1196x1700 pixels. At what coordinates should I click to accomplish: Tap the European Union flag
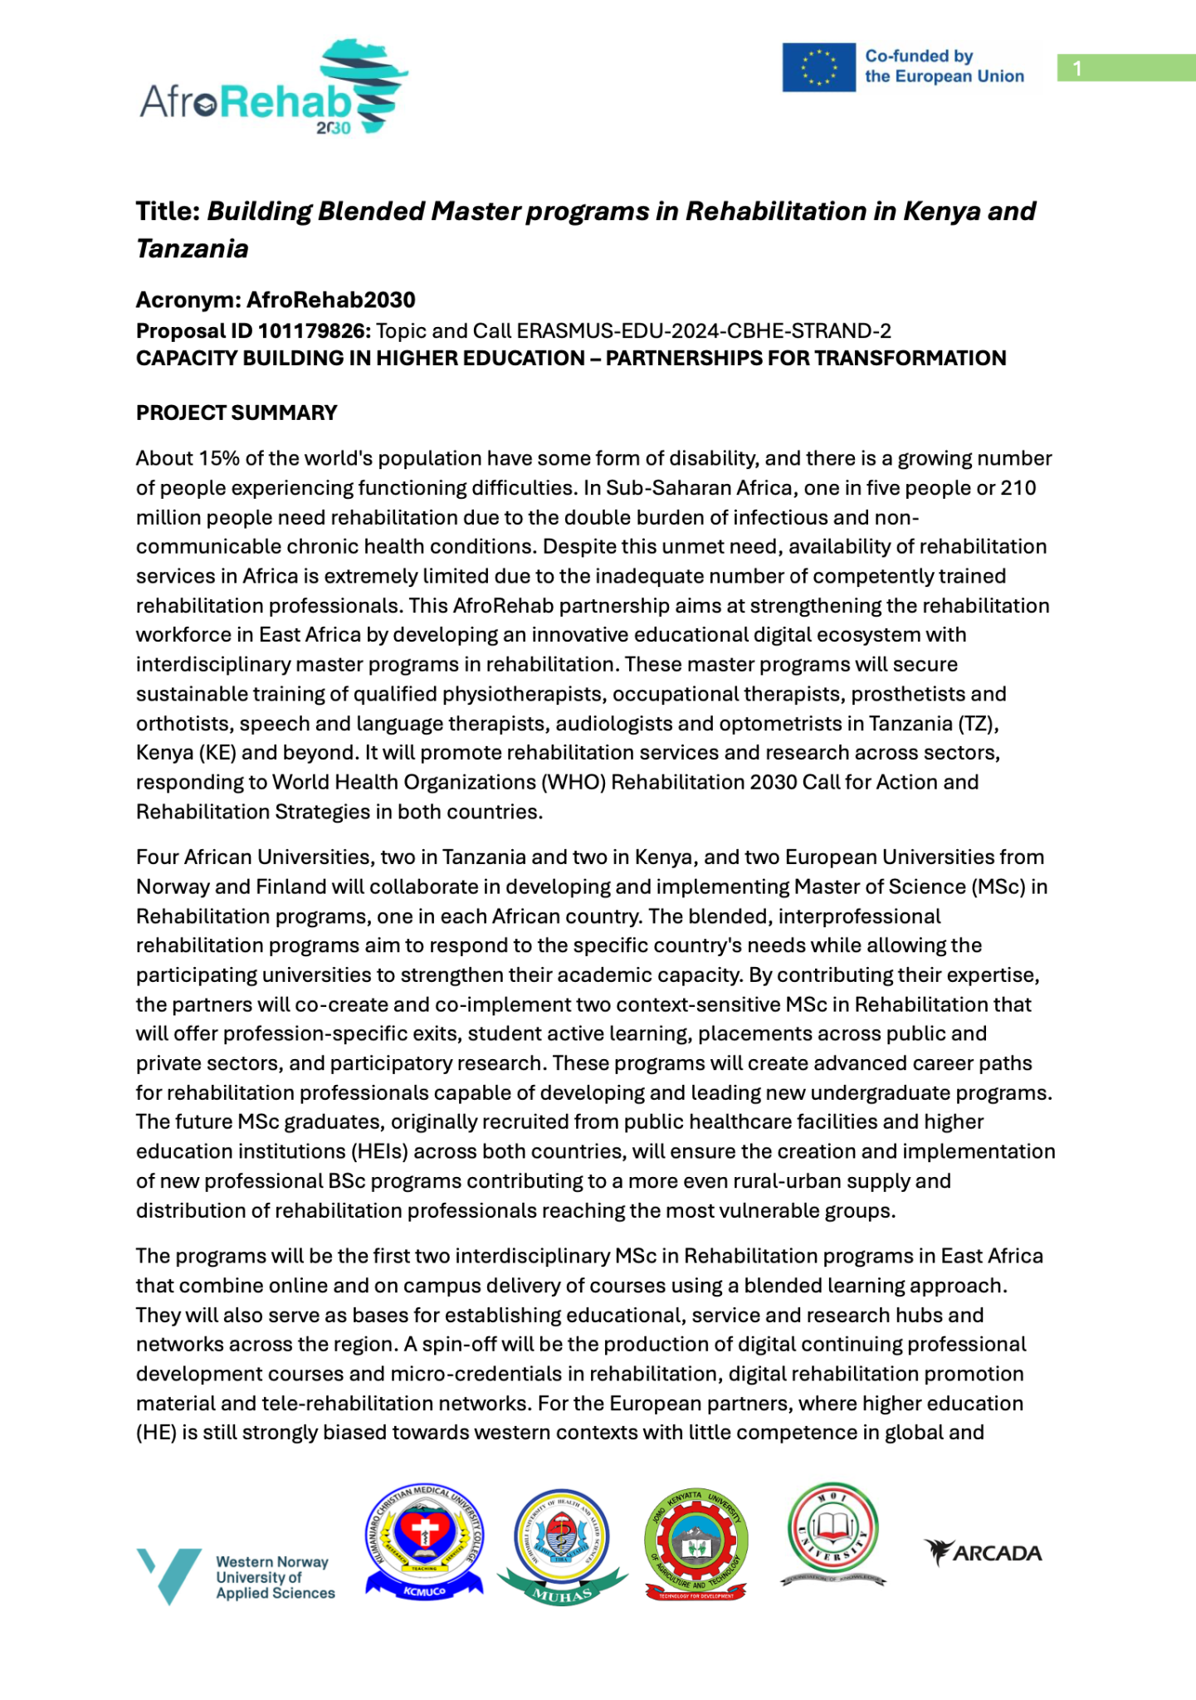[818, 67]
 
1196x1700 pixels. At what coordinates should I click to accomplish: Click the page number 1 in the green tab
[1077, 68]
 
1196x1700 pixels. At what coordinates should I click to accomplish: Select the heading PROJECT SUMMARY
[237, 413]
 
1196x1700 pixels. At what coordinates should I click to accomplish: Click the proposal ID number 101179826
[314, 331]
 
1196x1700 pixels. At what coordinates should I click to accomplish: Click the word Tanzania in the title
[193, 248]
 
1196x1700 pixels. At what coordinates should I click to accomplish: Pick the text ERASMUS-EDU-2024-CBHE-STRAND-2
[704, 331]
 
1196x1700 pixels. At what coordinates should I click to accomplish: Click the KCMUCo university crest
[424, 1542]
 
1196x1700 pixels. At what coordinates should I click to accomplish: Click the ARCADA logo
[983, 1552]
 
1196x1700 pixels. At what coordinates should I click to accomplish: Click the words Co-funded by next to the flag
[919, 56]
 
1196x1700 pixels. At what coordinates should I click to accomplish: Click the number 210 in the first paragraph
[1018, 488]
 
